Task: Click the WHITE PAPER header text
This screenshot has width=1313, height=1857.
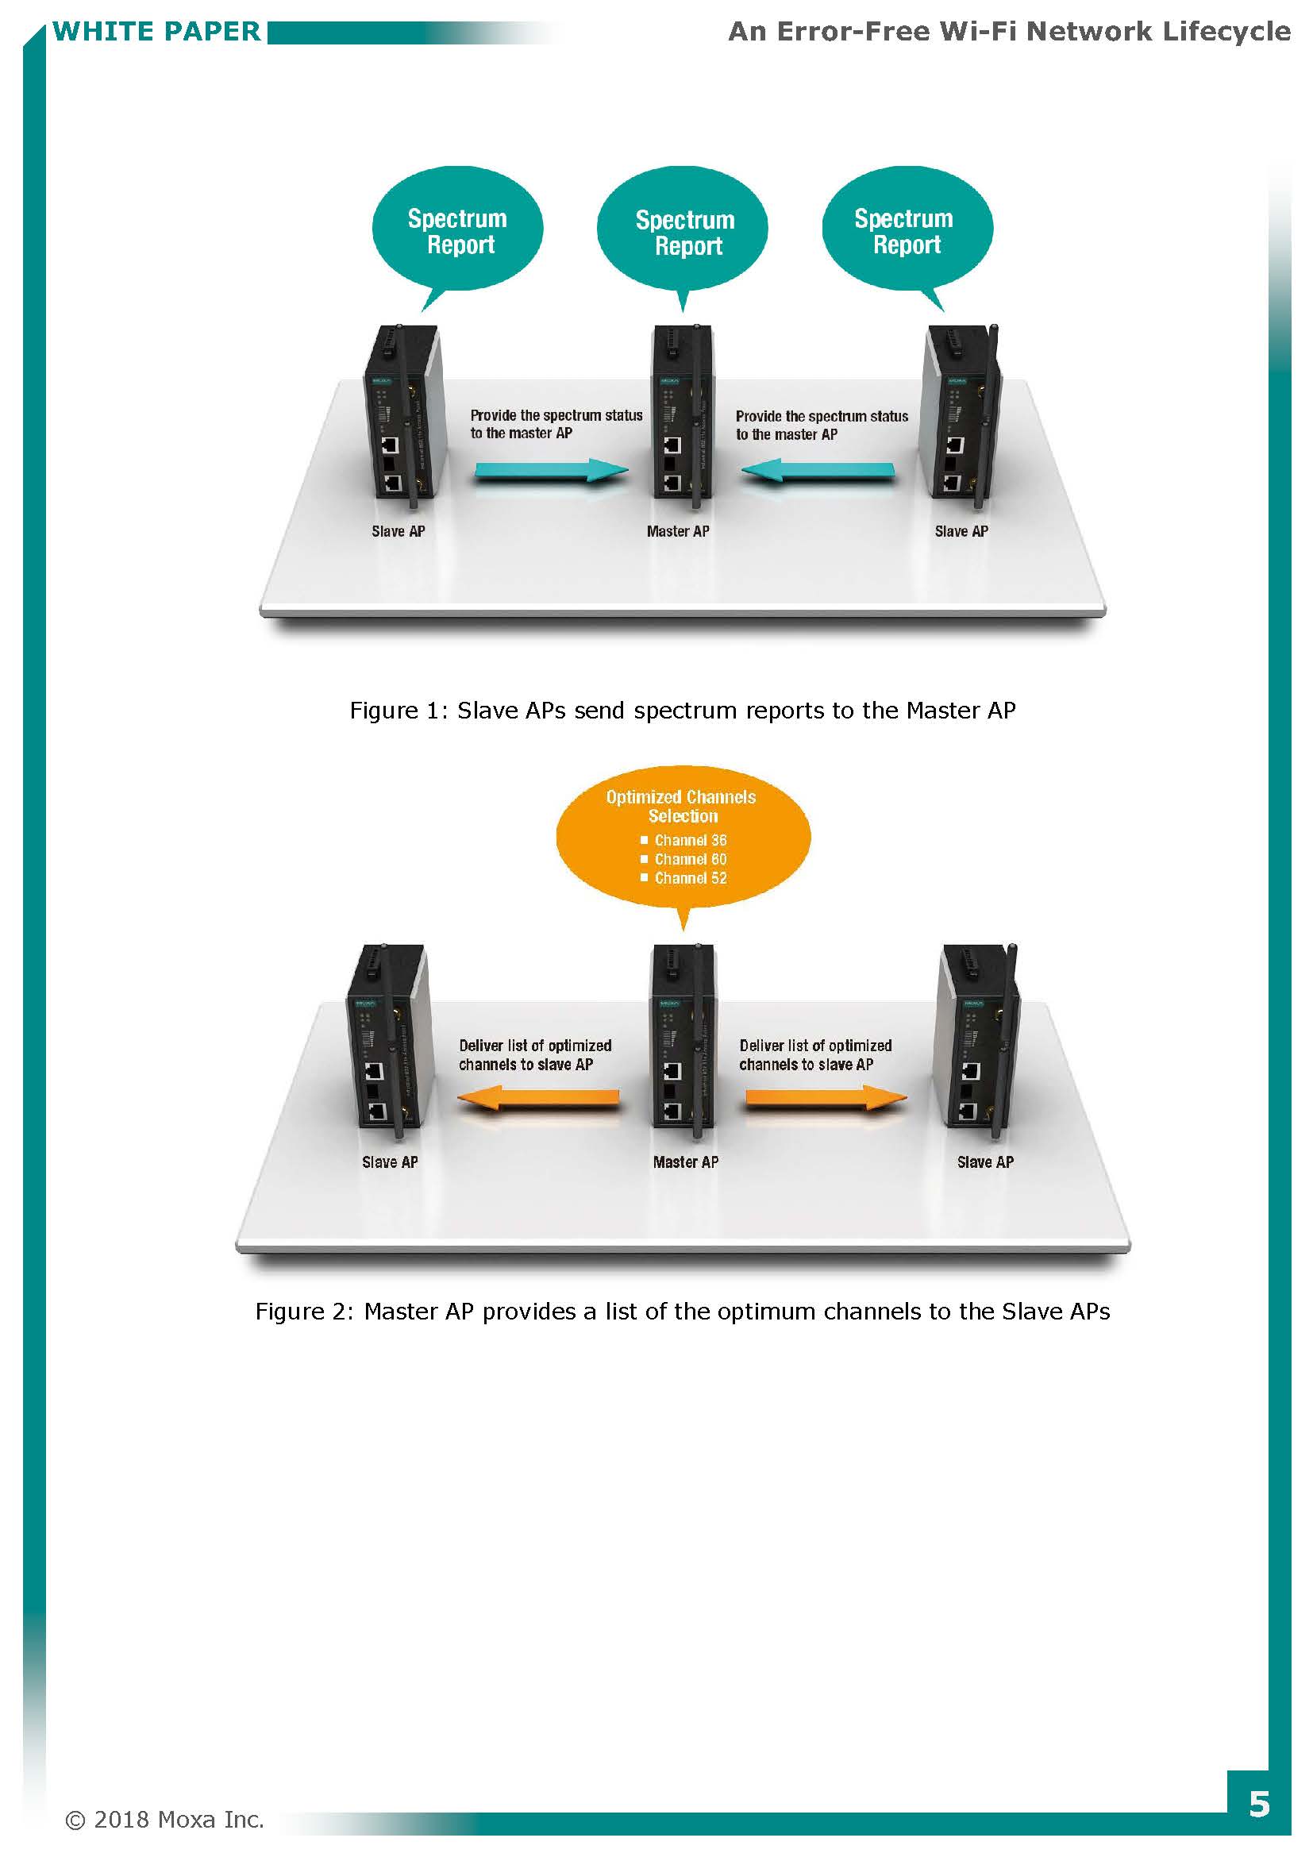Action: point(157,32)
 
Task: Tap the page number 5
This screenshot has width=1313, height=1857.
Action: point(1258,1805)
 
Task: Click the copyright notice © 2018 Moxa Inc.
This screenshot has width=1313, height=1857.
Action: point(165,1820)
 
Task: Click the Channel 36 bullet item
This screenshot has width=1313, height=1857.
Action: point(684,840)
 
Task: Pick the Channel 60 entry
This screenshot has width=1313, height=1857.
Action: point(684,859)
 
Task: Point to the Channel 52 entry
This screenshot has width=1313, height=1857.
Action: point(684,877)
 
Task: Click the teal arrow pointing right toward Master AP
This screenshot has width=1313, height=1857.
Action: point(551,471)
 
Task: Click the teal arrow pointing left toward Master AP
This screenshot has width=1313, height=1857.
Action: point(818,471)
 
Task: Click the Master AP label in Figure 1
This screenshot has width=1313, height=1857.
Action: point(677,531)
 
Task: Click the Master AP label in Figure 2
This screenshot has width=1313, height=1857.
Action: point(686,1162)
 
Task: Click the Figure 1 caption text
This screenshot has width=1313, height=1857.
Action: point(683,710)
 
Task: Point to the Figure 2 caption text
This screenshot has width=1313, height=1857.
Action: point(683,1311)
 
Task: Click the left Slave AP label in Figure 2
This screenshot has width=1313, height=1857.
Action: point(390,1162)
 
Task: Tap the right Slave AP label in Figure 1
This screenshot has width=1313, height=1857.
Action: point(961,531)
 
